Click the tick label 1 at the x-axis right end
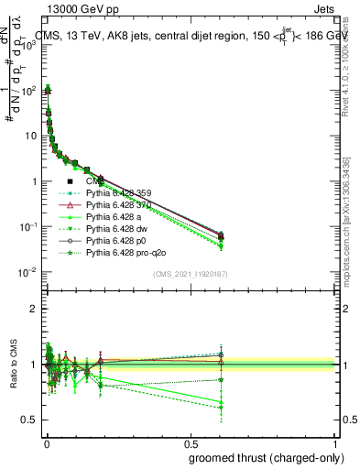pos(335,442)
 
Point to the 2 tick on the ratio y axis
pos(33,309)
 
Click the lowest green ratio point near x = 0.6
pos(220,407)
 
